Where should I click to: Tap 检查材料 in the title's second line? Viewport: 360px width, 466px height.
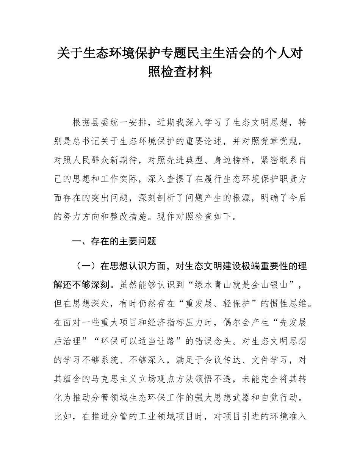pyautogui.click(x=190, y=72)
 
